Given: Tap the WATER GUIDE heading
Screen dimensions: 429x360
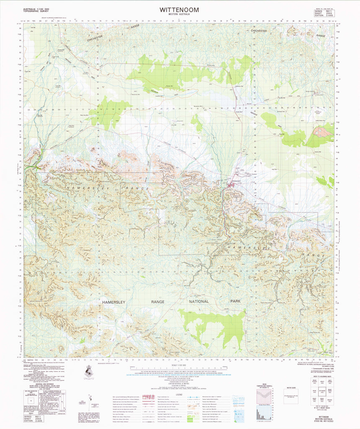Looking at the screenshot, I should click(290, 389).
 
